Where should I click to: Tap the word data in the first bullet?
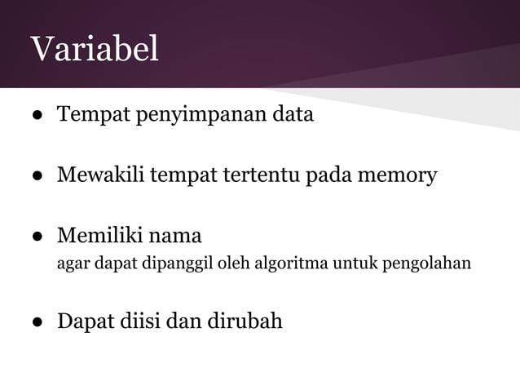click(293, 114)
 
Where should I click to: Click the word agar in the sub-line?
click(70, 266)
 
